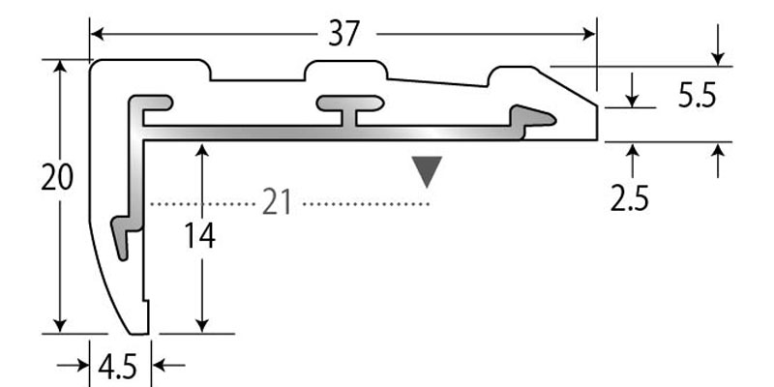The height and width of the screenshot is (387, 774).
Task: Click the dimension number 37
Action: click(343, 34)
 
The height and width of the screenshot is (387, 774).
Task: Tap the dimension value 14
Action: click(200, 235)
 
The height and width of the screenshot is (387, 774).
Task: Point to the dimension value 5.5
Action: click(696, 96)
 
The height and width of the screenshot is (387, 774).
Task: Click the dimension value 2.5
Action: click(629, 197)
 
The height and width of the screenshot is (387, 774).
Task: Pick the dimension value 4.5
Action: click(116, 367)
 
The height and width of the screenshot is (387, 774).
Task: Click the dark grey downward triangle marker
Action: click(427, 171)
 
